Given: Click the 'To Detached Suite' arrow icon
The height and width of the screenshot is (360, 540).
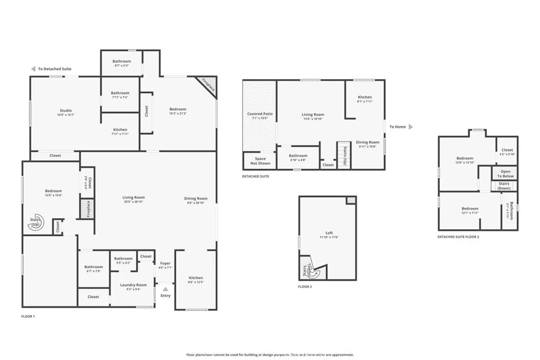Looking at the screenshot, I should coord(33,69).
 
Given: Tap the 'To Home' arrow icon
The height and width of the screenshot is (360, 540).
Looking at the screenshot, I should coord(411,127).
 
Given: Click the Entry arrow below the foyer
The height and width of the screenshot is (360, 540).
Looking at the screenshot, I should coord(166,289).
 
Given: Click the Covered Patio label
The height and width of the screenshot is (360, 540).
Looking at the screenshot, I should coord(259,114).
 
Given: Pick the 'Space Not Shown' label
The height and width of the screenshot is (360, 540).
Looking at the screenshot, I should coord(259,161).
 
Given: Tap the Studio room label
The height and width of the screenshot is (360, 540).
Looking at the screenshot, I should coord(65,110).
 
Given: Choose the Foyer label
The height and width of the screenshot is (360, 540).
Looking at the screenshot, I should coord(165,263).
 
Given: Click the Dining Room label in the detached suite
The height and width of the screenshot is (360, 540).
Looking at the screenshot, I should coord(367,142).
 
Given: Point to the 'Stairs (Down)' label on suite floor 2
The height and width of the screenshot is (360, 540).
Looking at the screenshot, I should coord(504,186).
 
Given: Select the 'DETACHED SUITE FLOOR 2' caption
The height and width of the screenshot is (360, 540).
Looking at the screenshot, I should coord(458,237).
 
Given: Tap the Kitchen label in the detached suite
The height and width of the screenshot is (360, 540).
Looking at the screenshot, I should coord(364,97).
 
